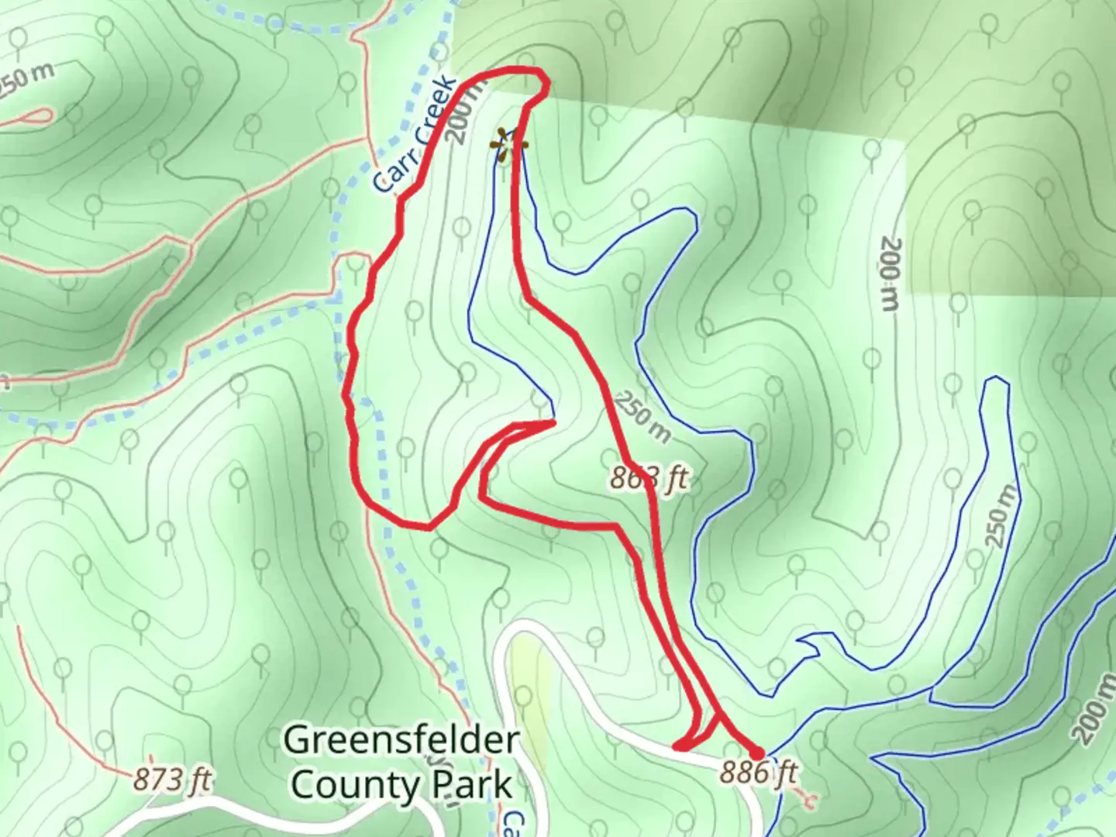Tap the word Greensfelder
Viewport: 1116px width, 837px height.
[x=400, y=740]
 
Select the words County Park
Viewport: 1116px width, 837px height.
[x=401, y=784]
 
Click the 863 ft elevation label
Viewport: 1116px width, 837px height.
[x=649, y=478]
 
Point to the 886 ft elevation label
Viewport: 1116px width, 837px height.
[x=759, y=773]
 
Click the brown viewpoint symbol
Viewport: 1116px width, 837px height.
[x=508, y=145]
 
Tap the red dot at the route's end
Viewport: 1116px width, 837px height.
[x=757, y=752]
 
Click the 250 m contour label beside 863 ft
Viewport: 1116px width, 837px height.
[x=642, y=418]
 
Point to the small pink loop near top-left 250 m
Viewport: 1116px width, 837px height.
[x=35, y=117]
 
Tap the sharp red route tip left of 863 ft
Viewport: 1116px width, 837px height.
[x=552, y=422]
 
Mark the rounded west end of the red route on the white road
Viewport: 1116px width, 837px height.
[x=678, y=746]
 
